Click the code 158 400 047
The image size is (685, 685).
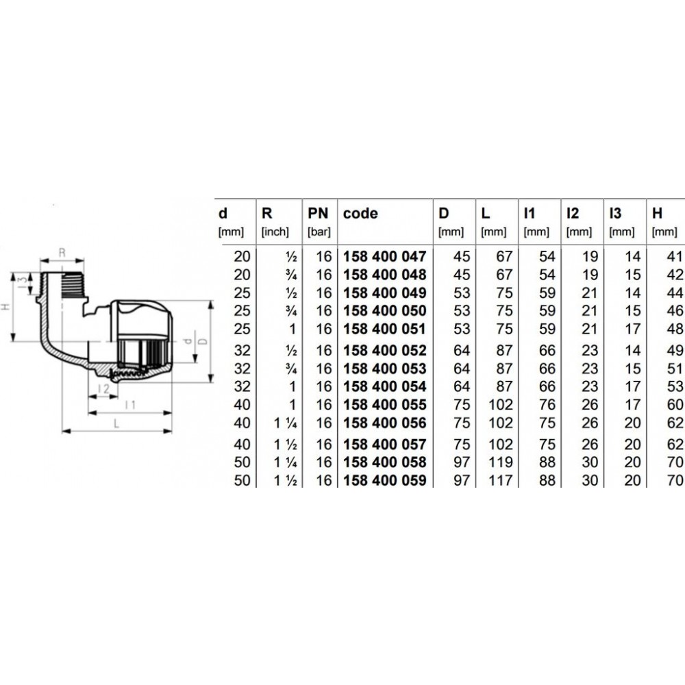[x=384, y=256]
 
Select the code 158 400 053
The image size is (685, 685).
[x=384, y=369]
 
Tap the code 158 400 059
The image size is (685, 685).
[x=384, y=481]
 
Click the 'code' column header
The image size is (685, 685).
[x=360, y=214]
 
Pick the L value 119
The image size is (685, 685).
[x=500, y=462]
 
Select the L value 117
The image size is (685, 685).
[x=500, y=481]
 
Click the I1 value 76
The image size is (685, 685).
[x=547, y=405]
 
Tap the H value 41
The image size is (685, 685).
[x=675, y=256]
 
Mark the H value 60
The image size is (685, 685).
[x=675, y=405]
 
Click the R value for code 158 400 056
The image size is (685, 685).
[x=285, y=423]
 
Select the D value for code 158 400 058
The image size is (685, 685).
[x=462, y=462]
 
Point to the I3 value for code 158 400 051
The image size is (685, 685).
[x=632, y=329]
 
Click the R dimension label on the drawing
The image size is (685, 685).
[x=62, y=253]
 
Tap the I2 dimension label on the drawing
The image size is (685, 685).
[x=103, y=388]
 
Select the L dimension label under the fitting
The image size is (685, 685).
[x=116, y=423]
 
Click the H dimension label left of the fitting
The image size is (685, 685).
[x=5, y=307]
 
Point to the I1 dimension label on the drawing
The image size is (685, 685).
[x=130, y=405]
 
